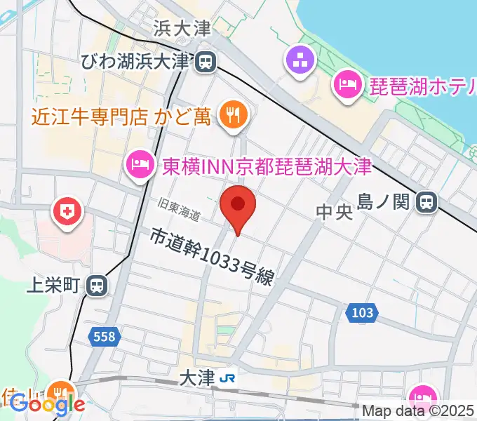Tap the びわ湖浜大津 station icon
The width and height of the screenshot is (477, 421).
[206, 62]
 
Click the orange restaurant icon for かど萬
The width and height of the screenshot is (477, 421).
[231, 114]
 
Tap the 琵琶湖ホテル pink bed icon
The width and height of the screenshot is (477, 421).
[347, 86]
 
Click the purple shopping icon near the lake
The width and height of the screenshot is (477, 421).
[302, 61]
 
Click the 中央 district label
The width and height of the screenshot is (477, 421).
[333, 212]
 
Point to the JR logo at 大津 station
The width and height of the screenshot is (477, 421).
[227, 377]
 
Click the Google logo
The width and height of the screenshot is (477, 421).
[47, 403]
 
